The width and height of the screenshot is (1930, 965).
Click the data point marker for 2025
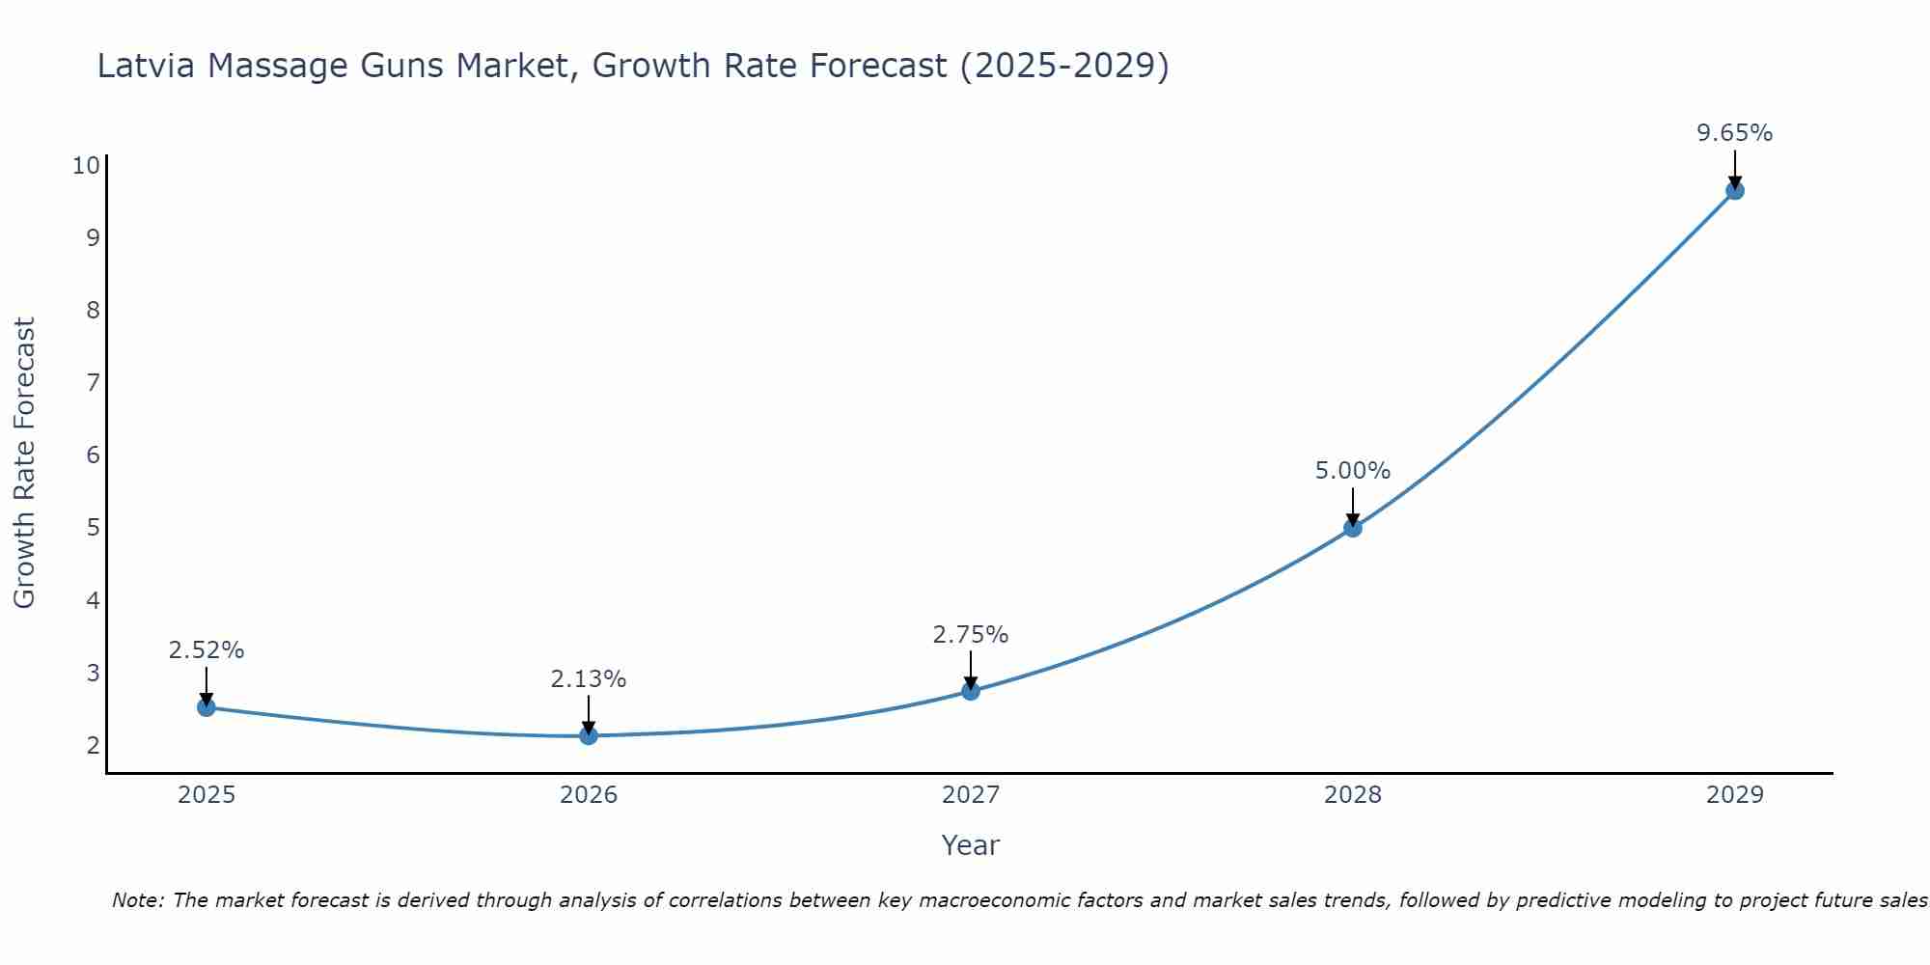[x=207, y=707]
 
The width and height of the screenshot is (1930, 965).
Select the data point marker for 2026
[x=589, y=735]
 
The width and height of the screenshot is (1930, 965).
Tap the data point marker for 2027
[x=971, y=691]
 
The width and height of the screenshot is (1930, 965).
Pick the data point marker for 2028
[x=1353, y=528]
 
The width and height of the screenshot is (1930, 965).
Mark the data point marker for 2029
[x=1735, y=190]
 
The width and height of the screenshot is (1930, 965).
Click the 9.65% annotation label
[x=1735, y=133]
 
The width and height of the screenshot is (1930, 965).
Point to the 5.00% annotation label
[x=1353, y=471]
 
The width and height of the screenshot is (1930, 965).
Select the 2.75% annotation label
[x=971, y=635]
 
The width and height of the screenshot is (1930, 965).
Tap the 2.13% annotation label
[x=589, y=679]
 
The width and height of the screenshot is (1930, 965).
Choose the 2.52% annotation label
[x=207, y=650]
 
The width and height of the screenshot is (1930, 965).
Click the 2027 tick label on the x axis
[x=971, y=795]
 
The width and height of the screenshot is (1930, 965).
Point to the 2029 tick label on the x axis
[x=1735, y=795]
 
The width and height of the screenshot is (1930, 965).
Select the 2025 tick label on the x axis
[x=207, y=795]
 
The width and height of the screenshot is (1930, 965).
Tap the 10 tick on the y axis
[x=86, y=165]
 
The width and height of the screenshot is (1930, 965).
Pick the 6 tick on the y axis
[x=93, y=455]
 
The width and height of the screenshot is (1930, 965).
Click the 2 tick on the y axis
[x=93, y=745]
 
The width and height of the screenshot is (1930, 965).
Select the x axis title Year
[x=970, y=845]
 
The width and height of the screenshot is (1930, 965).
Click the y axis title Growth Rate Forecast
[x=24, y=463]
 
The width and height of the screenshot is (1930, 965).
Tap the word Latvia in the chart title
[x=147, y=66]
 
